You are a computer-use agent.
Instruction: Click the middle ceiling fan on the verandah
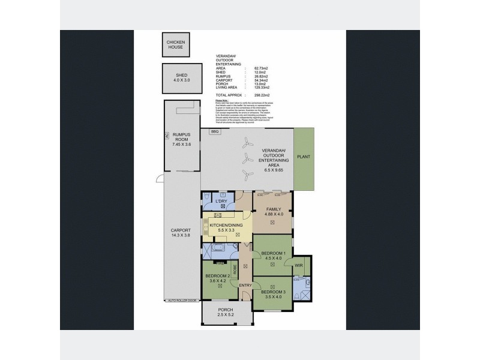click(x=245, y=158)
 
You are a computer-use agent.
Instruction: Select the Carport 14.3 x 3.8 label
click(x=181, y=233)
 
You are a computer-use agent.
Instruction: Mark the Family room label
click(x=273, y=211)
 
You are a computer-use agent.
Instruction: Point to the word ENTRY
click(x=245, y=285)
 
